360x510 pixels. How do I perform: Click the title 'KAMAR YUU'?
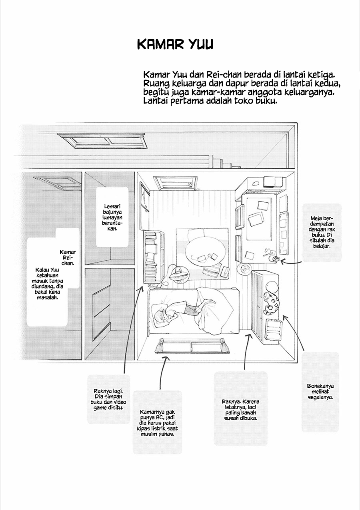click(175, 44)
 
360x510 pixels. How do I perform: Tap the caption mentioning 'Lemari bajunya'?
click(112, 218)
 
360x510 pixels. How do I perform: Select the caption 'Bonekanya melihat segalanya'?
click(320, 392)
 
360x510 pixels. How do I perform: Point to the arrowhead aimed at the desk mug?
click(282, 261)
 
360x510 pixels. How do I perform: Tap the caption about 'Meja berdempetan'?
click(322, 232)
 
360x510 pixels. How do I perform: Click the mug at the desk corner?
click(274, 259)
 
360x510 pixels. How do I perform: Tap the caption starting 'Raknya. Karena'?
click(240, 410)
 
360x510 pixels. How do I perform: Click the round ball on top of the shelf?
click(271, 287)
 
